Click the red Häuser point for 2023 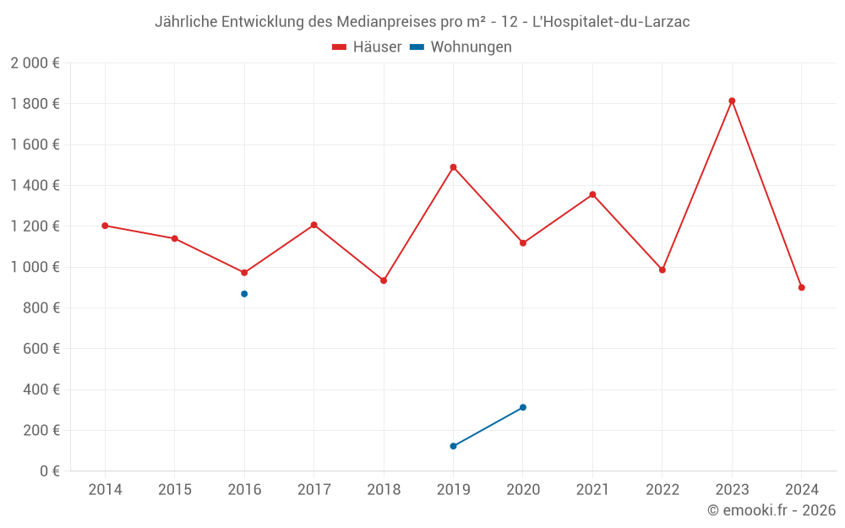tap(732, 101)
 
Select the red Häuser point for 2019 tap(454, 167)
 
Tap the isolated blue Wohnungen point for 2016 tap(244, 294)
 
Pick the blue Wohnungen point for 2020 tap(523, 407)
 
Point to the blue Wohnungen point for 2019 tap(454, 446)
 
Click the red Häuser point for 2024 tap(801, 287)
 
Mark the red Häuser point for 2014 tap(105, 226)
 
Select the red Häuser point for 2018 tap(384, 280)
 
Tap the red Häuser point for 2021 tap(592, 194)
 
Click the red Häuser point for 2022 tap(662, 270)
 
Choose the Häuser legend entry tap(367, 47)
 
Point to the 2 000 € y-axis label tap(35, 63)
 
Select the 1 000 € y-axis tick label tap(35, 267)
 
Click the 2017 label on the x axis tap(313, 490)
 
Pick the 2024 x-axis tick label tap(801, 490)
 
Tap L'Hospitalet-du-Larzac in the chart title tap(610, 22)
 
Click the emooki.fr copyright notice tap(771, 510)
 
